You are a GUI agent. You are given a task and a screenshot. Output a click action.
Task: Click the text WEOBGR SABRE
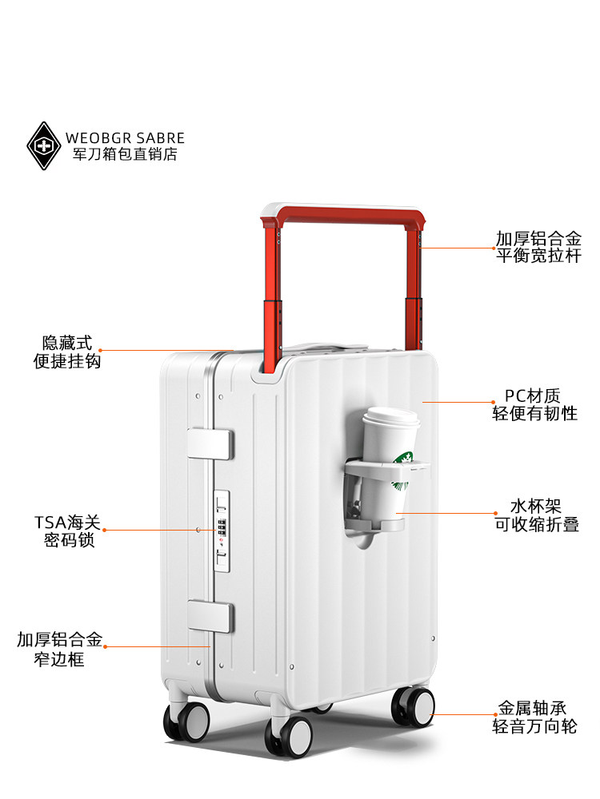(x=126, y=138)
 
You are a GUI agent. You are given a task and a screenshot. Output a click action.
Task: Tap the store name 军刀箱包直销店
(x=126, y=155)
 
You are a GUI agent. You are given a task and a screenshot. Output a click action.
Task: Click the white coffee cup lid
(x=391, y=418)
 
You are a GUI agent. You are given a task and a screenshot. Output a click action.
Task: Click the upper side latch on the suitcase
(x=210, y=444)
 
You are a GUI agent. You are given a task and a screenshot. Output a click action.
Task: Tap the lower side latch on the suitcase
(x=210, y=616)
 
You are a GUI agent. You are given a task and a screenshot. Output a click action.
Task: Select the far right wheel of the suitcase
(x=413, y=707)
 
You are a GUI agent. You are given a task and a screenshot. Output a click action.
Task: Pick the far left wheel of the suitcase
(x=186, y=721)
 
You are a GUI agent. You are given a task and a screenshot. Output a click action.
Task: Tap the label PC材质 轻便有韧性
(x=534, y=404)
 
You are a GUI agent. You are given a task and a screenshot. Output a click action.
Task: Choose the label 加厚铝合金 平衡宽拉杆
(x=538, y=247)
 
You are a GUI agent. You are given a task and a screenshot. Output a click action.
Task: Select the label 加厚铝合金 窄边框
(x=60, y=649)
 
